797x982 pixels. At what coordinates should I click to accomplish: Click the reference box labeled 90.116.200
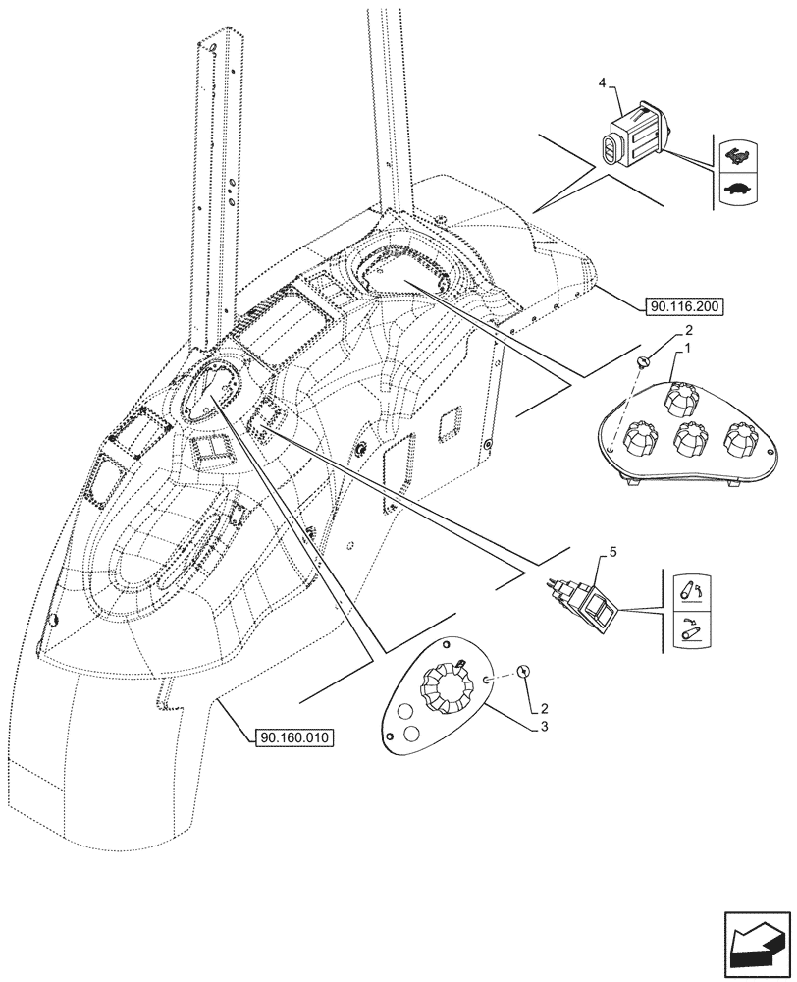click(x=684, y=307)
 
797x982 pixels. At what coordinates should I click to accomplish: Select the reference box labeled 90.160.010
click(x=291, y=736)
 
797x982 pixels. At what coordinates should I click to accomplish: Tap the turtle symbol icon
click(x=733, y=188)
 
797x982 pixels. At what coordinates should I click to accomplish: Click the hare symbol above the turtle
click(x=733, y=153)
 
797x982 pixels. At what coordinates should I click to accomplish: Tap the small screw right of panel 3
click(x=524, y=672)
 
